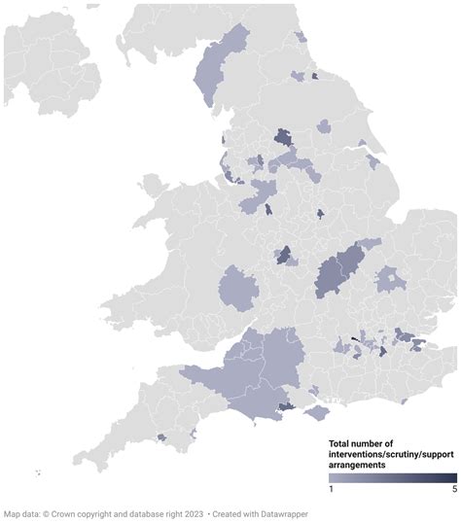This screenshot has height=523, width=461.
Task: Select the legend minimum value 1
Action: (331, 489)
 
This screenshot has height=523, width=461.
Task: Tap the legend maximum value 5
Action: (453, 489)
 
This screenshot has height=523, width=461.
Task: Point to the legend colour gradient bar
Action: (392, 477)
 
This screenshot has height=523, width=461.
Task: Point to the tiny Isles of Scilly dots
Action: (37, 473)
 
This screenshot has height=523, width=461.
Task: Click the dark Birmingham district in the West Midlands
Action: (285, 255)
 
